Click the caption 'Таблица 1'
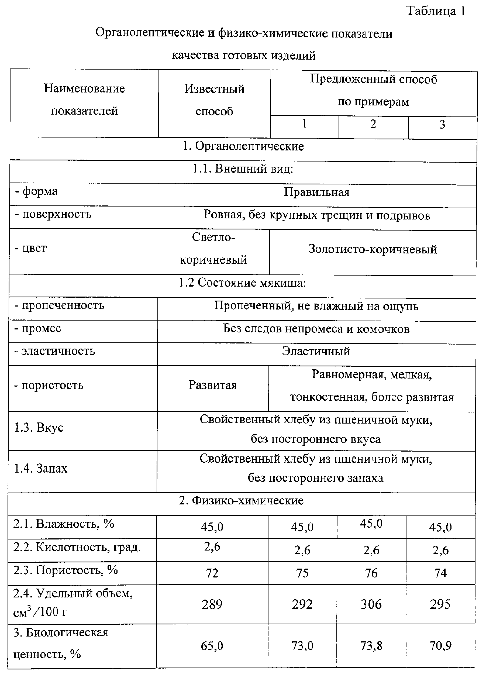pos(436,11)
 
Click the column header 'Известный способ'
pos(214,100)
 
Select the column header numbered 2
pos(373,124)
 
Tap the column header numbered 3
pos(442,125)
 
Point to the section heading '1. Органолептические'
pos(243,146)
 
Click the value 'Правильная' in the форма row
pos(316,192)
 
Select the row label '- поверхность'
pos(53,214)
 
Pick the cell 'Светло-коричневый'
pos(213,249)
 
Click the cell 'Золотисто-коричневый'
pos(373,249)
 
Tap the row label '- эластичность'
pos(55,351)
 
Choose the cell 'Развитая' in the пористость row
pos(213,385)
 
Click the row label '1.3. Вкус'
pos(39,428)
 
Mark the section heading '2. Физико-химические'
pos(241,501)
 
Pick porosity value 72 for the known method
pos(212,573)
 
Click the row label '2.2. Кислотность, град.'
pos(76,547)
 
